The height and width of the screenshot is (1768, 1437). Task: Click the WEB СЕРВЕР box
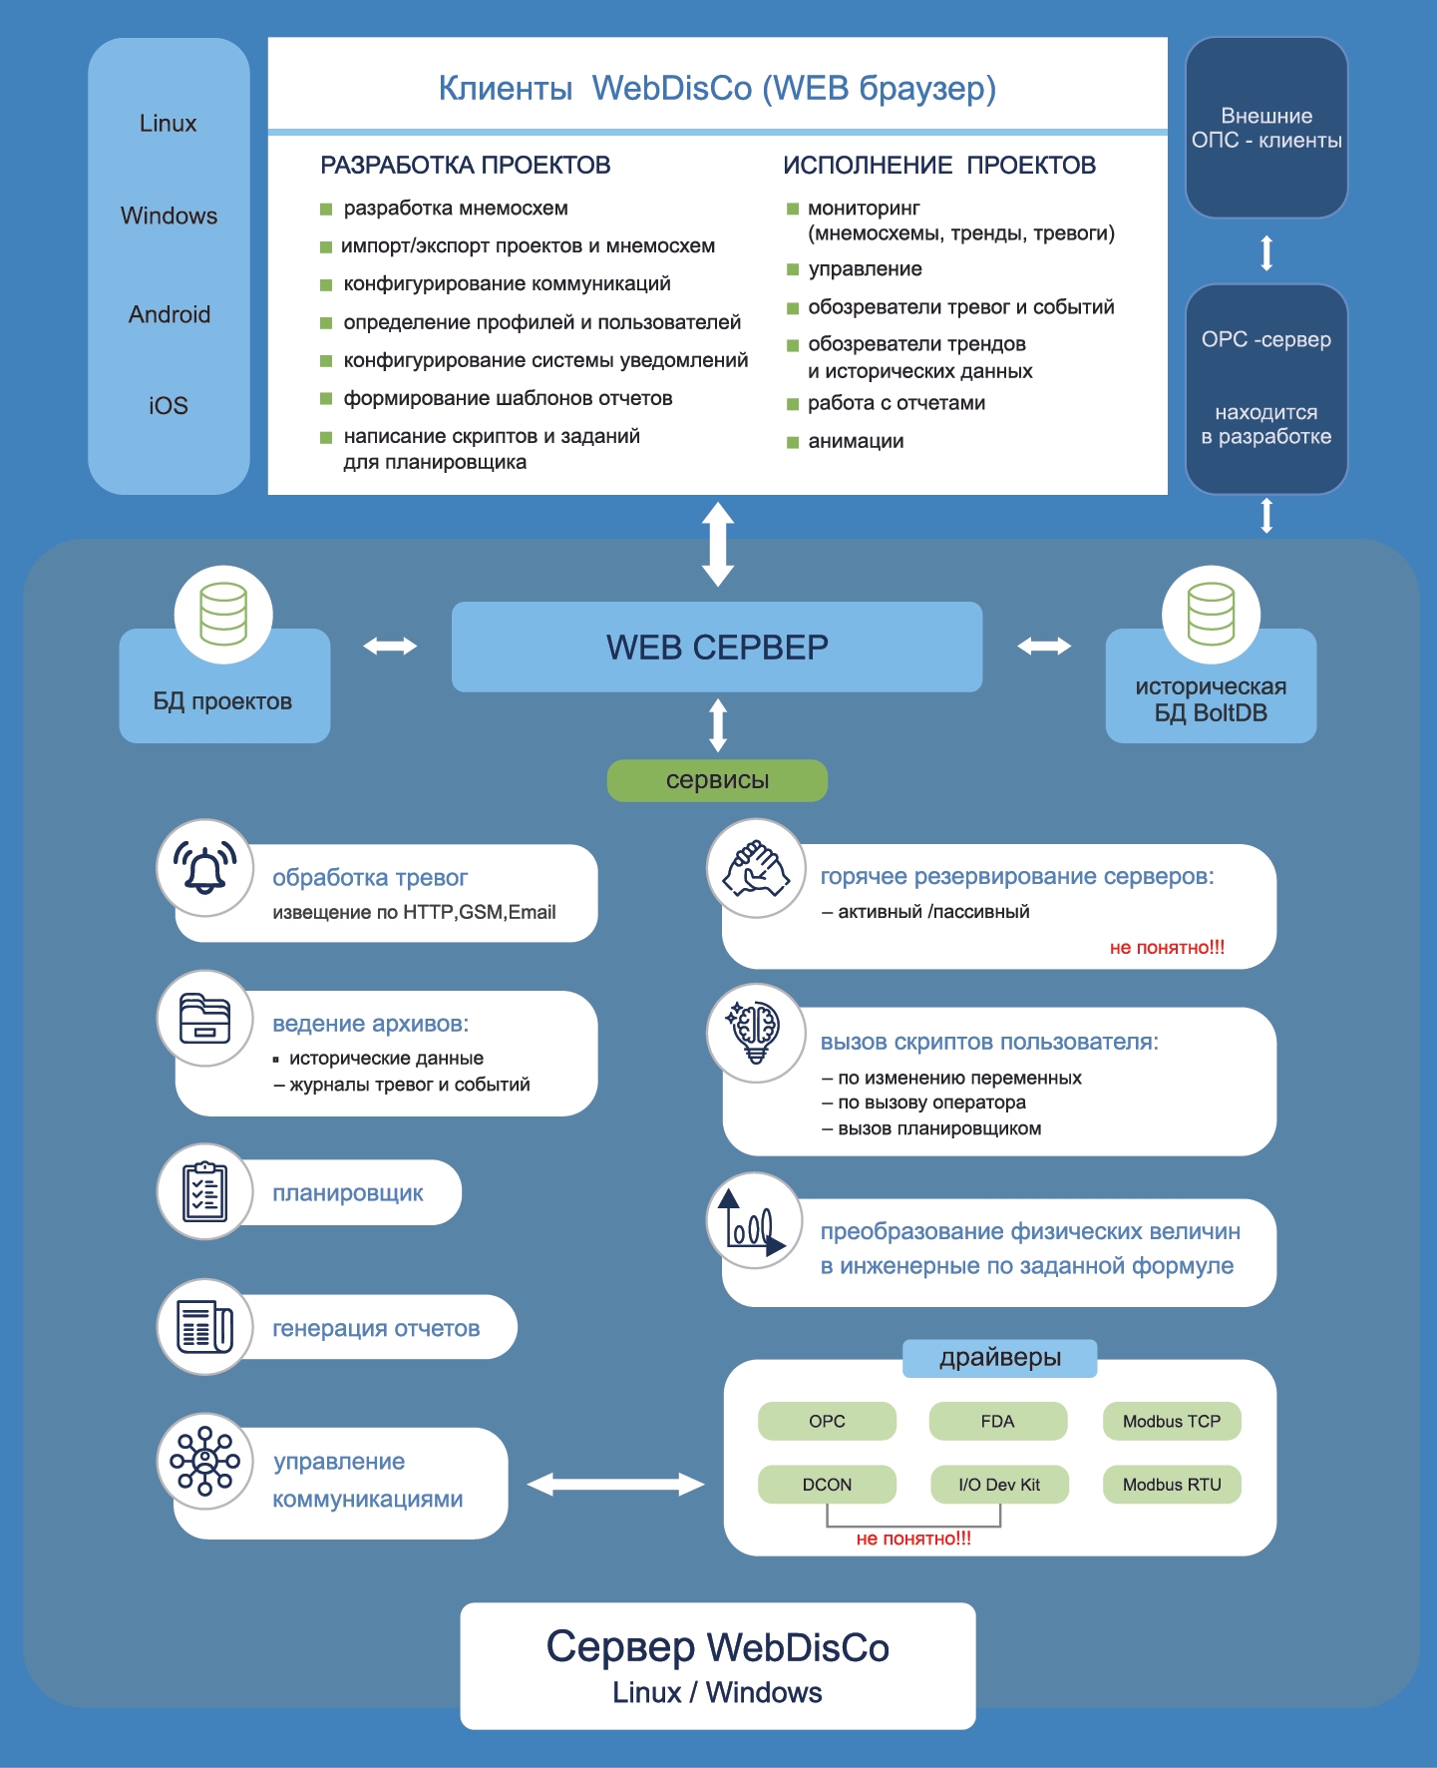tap(717, 647)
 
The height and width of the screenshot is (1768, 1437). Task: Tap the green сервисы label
tap(717, 780)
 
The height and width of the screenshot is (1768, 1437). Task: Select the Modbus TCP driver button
tap(1172, 1421)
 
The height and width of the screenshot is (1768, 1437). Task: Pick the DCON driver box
tap(827, 1484)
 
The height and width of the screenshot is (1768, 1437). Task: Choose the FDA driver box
tap(997, 1421)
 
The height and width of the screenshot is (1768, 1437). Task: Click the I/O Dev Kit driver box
tap(999, 1484)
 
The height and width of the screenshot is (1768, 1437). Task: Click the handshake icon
tap(756, 868)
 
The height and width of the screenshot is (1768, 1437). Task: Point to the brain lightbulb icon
tap(756, 1033)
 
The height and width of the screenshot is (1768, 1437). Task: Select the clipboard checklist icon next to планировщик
tap(205, 1191)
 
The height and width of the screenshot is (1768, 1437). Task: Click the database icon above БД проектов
tap(223, 614)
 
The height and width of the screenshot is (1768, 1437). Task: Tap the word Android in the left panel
tap(170, 314)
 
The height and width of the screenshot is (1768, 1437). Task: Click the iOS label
tap(169, 405)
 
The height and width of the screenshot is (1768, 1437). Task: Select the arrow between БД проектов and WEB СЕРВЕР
tap(390, 646)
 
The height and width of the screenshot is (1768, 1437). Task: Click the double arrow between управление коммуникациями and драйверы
tap(615, 1484)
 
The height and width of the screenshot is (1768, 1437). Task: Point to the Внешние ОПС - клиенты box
tap(1266, 128)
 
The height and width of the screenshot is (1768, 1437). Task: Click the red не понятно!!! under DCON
tap(913, 1539)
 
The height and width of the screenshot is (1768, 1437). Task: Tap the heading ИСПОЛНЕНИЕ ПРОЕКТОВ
tap(939, 165)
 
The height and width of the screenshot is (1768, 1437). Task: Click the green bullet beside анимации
tap(793, 442)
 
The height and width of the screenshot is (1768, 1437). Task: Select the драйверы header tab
tap(1000, 1358)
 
